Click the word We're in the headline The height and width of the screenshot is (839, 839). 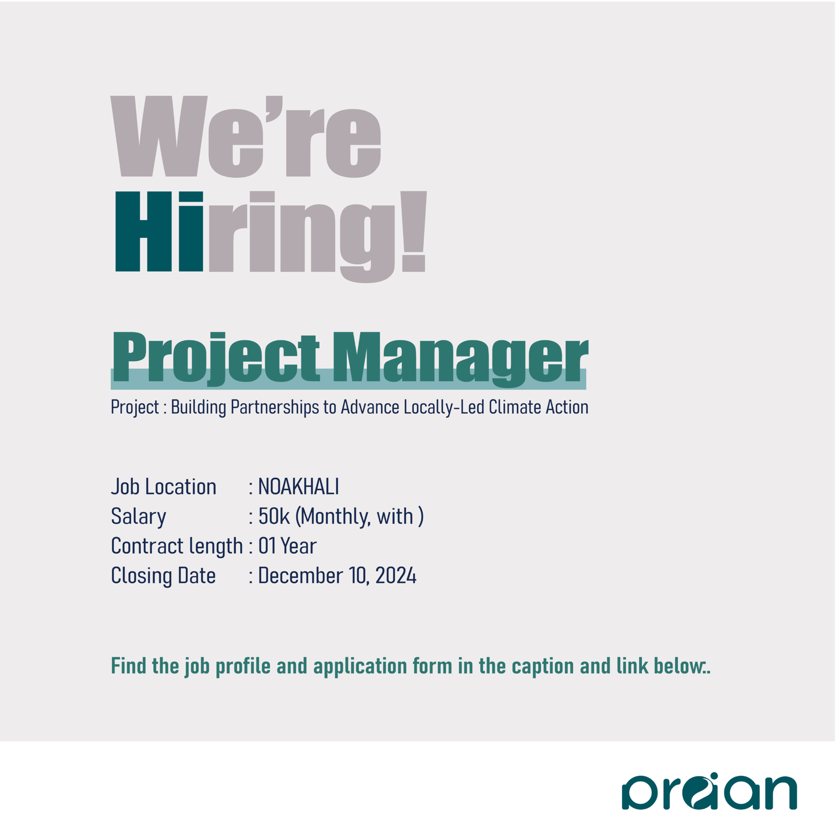click(245, 137)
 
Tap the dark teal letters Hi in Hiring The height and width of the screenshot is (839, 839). click(159, 232)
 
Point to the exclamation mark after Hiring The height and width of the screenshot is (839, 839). click(414, 232)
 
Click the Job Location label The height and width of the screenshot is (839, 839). click(164, 487)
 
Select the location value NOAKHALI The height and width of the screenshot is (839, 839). click(298, 487)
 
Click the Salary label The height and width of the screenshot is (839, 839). click(138, 517)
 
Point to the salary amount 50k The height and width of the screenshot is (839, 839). click(274, 517)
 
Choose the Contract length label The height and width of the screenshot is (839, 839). click(177, 546)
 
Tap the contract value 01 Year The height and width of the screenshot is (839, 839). click(287, 546)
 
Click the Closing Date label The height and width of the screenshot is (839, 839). click(163, 576)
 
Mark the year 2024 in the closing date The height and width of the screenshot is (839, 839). click(396, 576)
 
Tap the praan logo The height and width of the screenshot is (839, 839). click(709, 792)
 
